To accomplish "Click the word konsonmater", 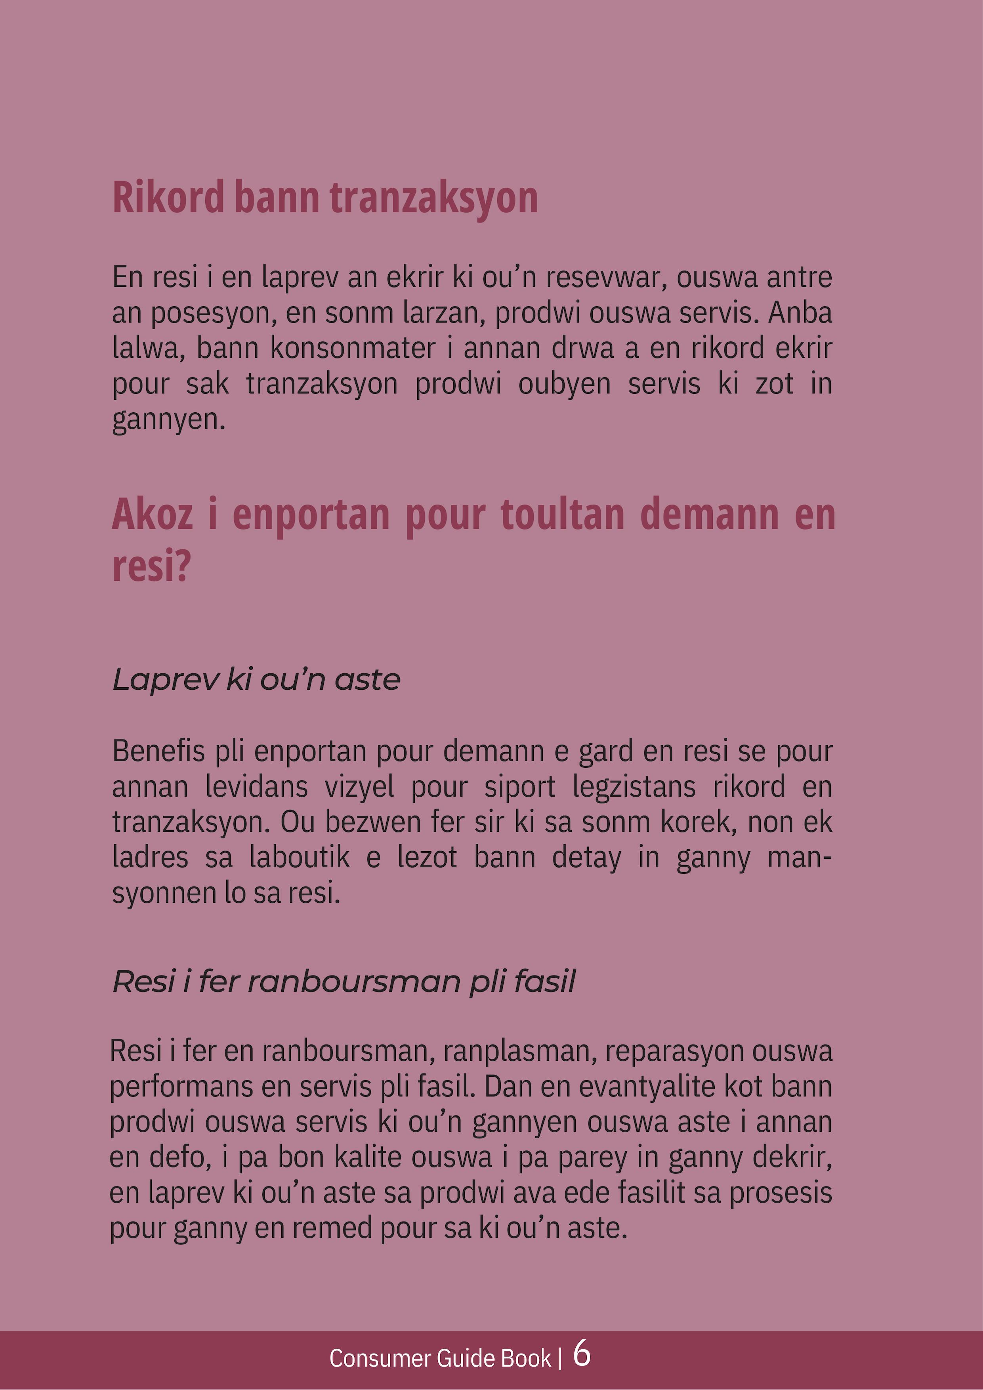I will pos(353,348).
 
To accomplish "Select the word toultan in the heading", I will pos(562,515).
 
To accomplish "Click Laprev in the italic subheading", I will pos(165,680).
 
